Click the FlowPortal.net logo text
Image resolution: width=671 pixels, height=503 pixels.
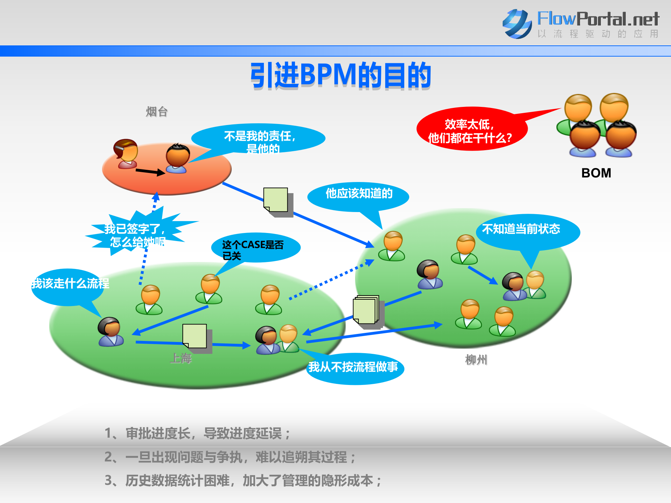click(x=598, y=19)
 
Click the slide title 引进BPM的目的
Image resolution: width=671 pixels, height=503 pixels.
click(x=341, y=75)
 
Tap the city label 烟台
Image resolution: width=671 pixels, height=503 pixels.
click(x=157, y=112)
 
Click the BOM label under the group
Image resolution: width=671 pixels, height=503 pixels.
click(x=596, y=173)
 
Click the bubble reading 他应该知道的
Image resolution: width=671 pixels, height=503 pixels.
click(x=359, y=194)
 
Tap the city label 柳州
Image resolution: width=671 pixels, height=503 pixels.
click(x=476, y=359)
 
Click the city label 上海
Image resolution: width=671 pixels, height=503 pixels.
click(x=181, y=358)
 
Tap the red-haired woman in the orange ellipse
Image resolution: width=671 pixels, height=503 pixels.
click(x=126, y=154)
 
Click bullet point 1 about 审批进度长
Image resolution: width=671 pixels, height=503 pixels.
click(x=197, y=433)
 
